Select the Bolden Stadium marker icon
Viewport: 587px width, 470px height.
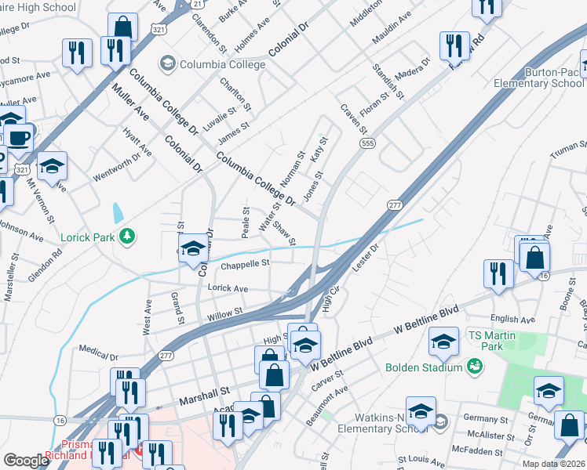click(474, 366)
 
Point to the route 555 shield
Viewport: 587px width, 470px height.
click(366, 143)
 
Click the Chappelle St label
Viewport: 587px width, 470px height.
click(245, 265)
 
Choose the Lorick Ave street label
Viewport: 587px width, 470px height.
click(228, 288)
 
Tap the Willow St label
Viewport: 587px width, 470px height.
click(225, 314)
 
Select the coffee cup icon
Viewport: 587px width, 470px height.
click(19, 139)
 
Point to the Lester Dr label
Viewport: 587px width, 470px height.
click(366, 258)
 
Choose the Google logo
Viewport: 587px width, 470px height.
click(26, 461)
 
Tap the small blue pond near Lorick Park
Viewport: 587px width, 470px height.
click(118, 212)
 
